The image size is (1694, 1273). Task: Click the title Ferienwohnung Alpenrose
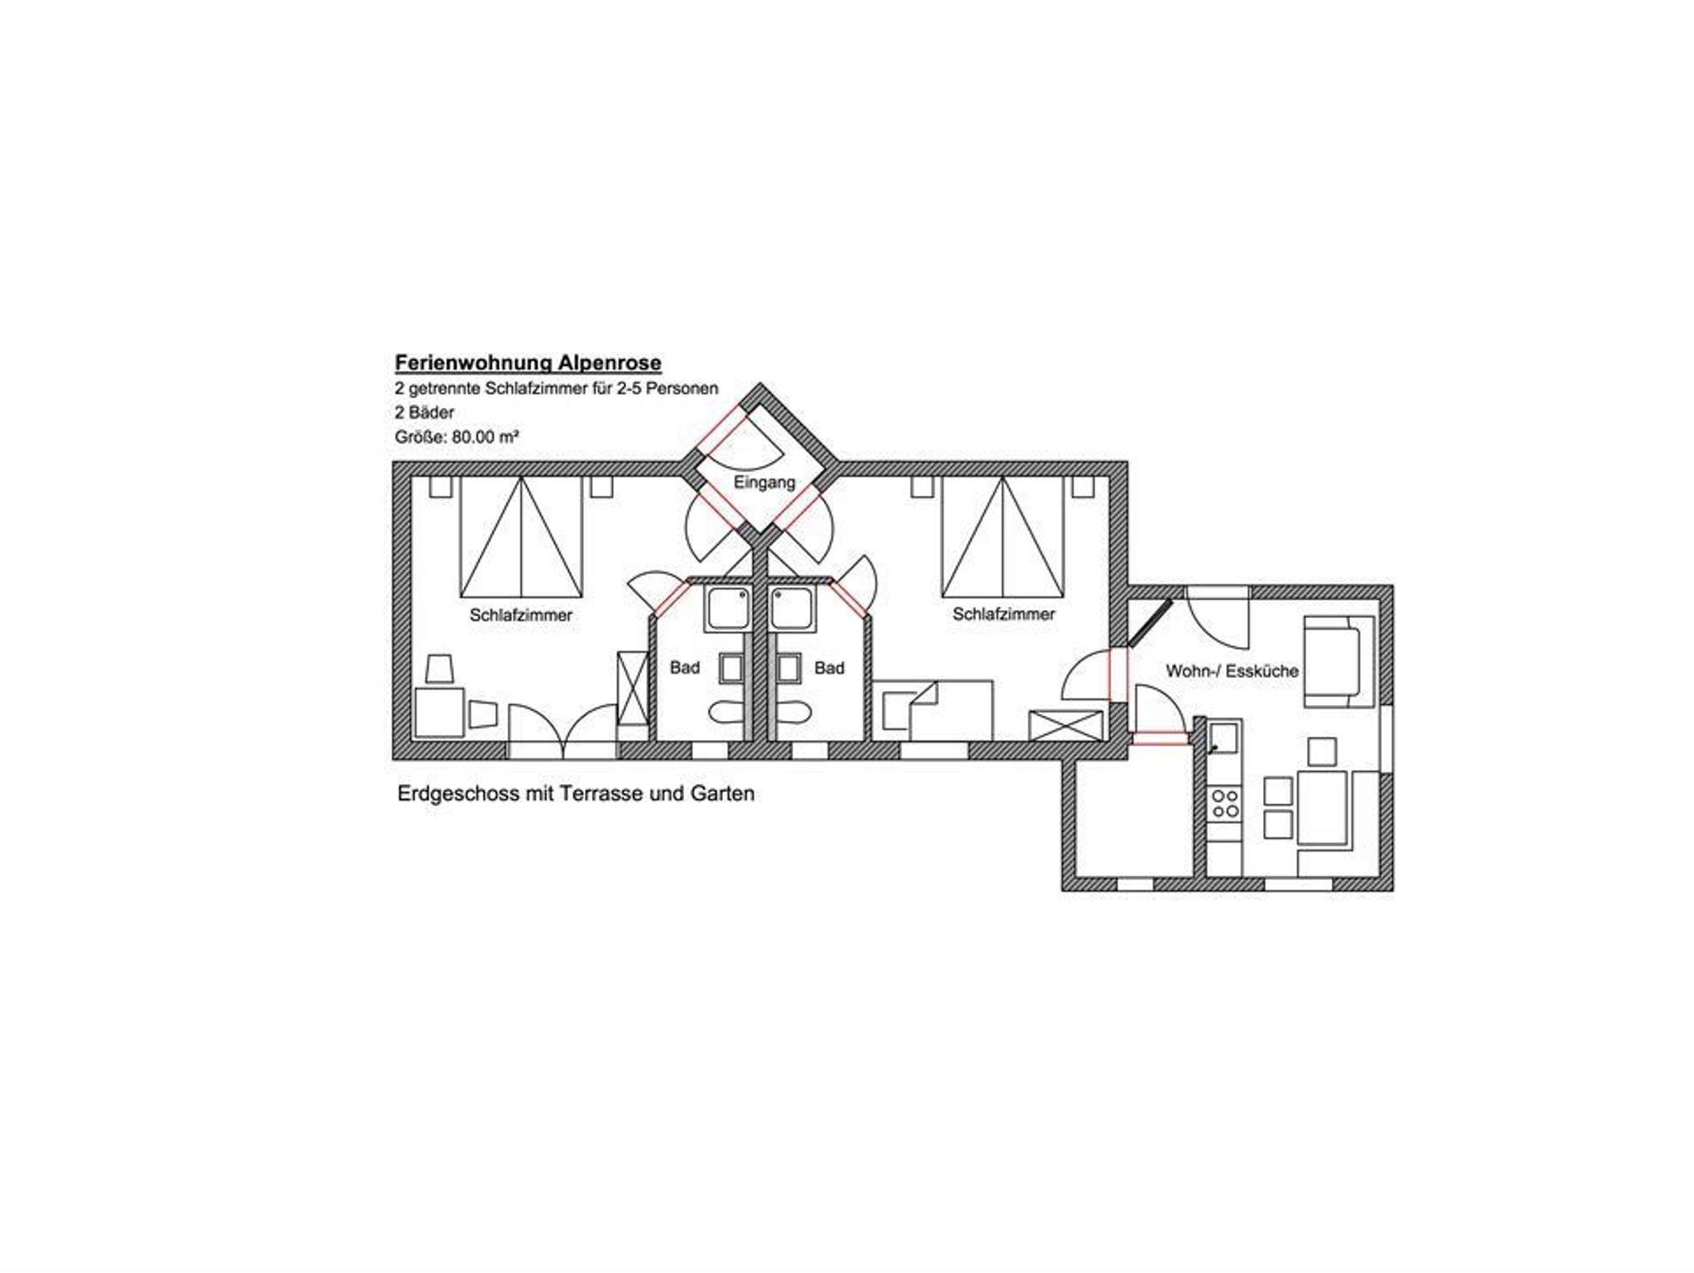click(x=528, y=363)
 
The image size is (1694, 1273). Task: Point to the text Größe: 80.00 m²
click(x=457, y=436)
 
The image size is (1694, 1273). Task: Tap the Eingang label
click(x=764, y=482)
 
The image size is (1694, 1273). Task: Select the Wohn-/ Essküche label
click(x=1232, y=670)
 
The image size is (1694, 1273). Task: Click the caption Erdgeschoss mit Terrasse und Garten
click(x=576, y=793)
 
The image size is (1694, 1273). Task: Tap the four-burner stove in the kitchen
click(x=1225, y=803)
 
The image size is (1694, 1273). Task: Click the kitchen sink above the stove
click(x=1225, y=736)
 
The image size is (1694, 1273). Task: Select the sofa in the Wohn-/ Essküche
click(x=1333, y=661)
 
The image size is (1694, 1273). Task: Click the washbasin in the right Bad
click(x=790, y=668)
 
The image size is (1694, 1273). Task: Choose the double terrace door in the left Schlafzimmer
click(x=563, y=732)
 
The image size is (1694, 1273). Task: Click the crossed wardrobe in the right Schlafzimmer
click(x=1065, y=725)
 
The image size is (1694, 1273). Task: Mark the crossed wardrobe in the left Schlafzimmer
click(x=633, y=689)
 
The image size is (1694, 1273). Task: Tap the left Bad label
click(x=685, y=667)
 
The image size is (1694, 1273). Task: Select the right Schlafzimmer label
click(x=1003, y=614)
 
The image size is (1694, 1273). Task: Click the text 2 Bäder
click(x=424, y=412)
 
